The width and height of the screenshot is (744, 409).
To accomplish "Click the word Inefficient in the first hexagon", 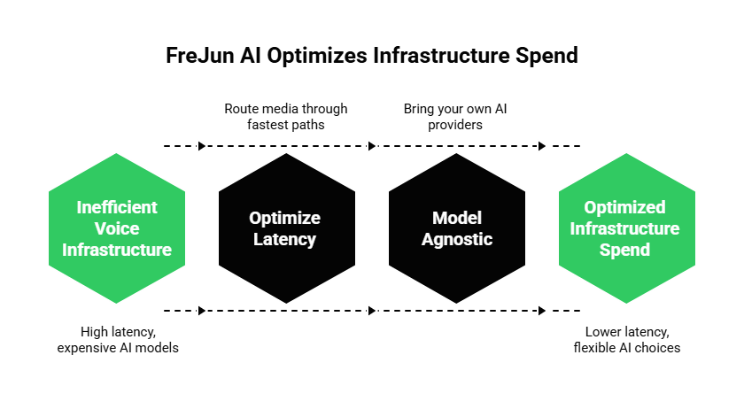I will pyautogui.click(x=117, y=207).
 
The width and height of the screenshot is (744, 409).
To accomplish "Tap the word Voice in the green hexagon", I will pyautogui.click(x=117, y=228).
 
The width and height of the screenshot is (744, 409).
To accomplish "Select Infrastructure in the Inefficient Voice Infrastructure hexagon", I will pyautogui.click(x=117, y=250).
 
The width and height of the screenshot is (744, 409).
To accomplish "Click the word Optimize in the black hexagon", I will pyautogui.click(x=284, y=218).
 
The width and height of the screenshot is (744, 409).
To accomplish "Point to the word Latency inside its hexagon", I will pyautogui.click(x=284, y=239).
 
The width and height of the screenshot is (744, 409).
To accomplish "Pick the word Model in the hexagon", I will pyautogui.click(x=456, y=218).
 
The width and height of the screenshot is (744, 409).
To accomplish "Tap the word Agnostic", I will pyautogui.click(x=456, y=239).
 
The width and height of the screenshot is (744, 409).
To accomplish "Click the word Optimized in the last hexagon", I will pyautogui.click(x=624, y=207).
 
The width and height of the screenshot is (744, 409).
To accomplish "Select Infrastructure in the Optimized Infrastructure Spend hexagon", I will pyautogui.click(x=624, y=228).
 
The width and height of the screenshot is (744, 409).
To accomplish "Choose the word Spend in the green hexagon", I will pyautogui.click(x=624, y=250).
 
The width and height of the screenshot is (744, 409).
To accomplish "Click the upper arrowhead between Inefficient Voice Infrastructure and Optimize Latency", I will pyautogui.click(x=202, y=146).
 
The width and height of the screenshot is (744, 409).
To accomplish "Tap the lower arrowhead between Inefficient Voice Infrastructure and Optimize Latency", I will pyautogui.click(x=202, y=311).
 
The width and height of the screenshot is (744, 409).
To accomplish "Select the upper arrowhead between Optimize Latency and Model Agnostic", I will pyautogui.click(x=372, y=146).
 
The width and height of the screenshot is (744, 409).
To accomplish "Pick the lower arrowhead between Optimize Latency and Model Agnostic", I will pyautogui.click(x=372, y=311).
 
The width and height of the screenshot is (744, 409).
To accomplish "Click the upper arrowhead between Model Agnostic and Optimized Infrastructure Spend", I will pyautogui.click(x=542, y=146).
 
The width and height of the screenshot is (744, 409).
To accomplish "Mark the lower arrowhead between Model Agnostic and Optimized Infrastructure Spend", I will pyautogui.click(x=542, y=311).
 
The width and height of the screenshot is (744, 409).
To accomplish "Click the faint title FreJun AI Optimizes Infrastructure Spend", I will pyautogui.click(x=372, y=57).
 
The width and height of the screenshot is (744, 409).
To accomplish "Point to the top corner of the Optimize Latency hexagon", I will pyautogui.click(x=287, y=152).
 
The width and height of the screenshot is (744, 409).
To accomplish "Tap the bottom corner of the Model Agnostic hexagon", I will pyautogui.click(x=457, y=305).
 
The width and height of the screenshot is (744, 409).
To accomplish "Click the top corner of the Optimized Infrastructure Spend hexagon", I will pyautogui.click(x=627, y=152).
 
